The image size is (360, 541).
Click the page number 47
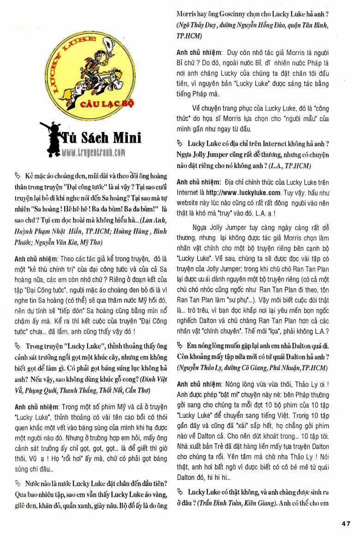click(x=346, y=523)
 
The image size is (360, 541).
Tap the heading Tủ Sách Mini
click(x=102, y=138)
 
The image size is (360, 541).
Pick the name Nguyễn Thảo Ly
click(x=200, y=368)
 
